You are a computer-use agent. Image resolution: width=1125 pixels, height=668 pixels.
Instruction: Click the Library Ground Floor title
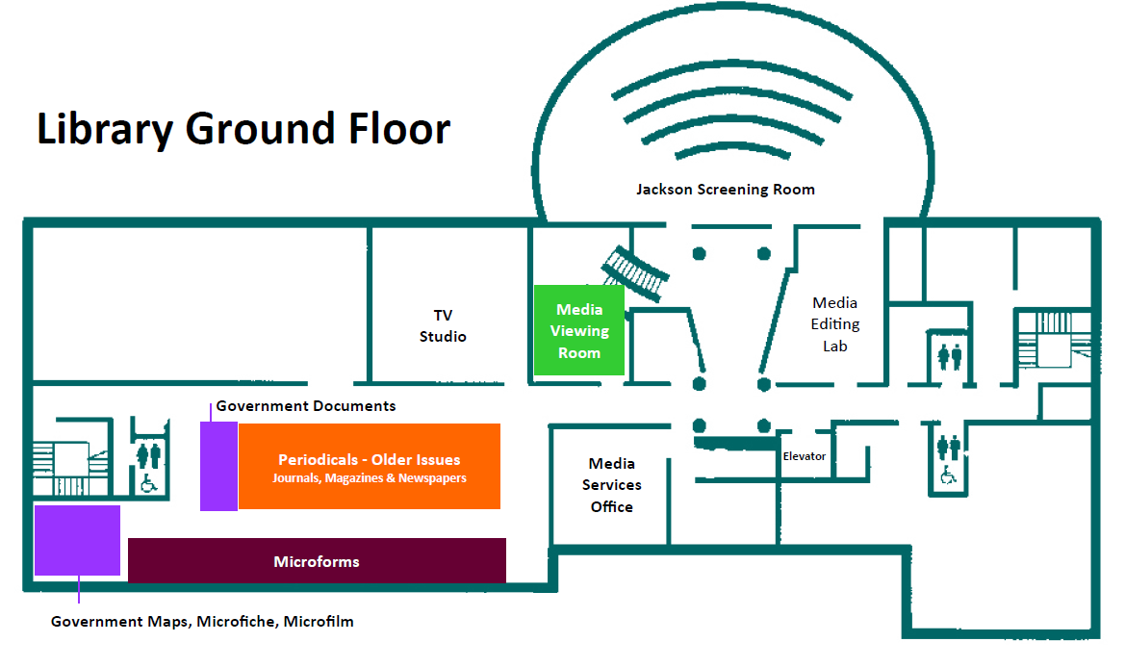[x=243, y=129]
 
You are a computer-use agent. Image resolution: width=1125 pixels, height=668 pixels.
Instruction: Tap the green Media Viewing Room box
[x=579, y=330]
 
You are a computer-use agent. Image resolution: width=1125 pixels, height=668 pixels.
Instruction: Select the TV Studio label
[x=443, y=325]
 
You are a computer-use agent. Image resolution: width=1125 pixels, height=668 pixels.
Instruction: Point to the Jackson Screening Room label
[x=725, y=190]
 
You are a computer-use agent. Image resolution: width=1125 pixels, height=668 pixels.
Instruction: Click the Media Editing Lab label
[x=834, y=323]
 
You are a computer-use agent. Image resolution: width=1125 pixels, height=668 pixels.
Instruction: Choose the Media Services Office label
[x=612, y=485]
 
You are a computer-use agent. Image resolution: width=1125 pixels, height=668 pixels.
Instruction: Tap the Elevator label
[x=804, y=456]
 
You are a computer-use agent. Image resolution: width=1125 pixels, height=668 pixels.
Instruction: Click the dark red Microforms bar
[x=317, y=561]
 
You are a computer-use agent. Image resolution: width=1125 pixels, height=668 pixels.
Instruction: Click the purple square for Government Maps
[x=77, y=540]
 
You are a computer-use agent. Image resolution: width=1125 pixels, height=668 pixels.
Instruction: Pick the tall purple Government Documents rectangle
[x=218, y=466]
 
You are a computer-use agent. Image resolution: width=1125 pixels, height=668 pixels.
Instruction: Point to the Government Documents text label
[x=305, y=405]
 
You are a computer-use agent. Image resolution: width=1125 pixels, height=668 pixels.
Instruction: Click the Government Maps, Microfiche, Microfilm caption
[x=202, y=622]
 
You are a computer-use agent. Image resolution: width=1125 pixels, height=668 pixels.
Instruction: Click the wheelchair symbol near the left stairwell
[x=149, y=483]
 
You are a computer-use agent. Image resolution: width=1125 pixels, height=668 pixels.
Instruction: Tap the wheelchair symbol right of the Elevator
[x=948, y=475]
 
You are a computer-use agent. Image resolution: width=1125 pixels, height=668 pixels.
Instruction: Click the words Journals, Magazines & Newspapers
[x=369, y=478]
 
